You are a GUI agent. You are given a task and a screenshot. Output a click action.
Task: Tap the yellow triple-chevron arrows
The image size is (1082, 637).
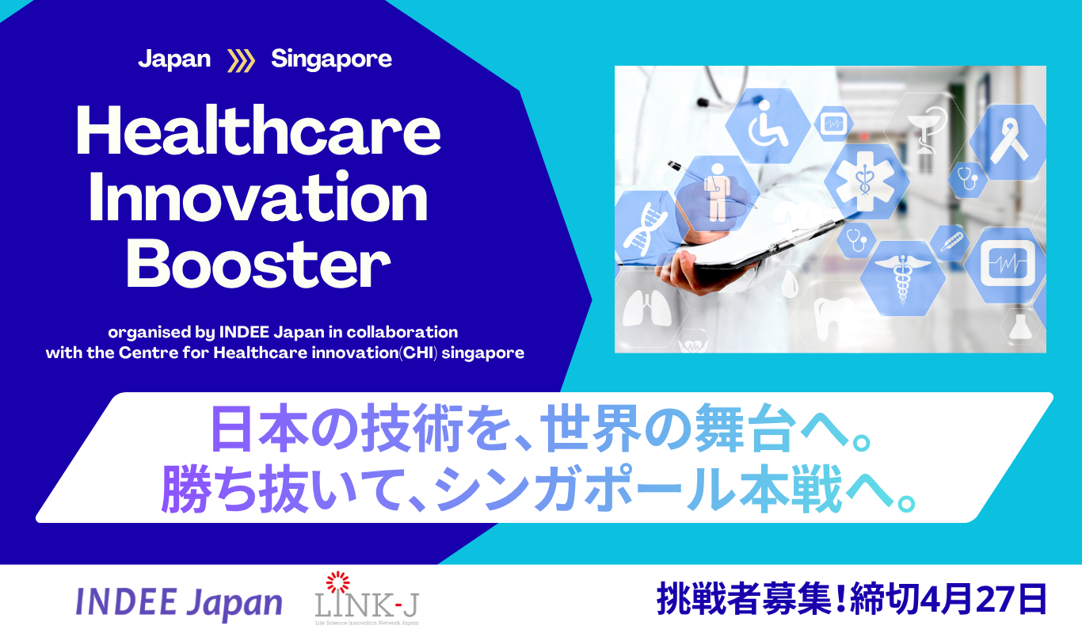click(x=241, y=61)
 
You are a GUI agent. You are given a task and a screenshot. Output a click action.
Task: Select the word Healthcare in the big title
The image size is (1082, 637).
click(x=258, y=131)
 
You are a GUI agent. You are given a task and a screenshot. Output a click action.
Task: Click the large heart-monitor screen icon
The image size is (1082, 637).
click(x=1007, y=264)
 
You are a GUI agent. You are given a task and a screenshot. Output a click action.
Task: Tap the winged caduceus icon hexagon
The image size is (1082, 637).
click(x=902, y=278)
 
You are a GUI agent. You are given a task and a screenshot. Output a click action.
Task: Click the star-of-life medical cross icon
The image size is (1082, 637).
click(x=866, y=181)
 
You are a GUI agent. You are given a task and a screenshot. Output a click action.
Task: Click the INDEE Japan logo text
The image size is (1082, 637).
click(x=179, y=602)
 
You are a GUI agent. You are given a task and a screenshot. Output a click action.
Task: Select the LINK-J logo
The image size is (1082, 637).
click(x=367, y=598)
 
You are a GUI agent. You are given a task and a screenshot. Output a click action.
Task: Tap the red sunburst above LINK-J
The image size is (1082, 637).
click(x=337, y=582)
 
